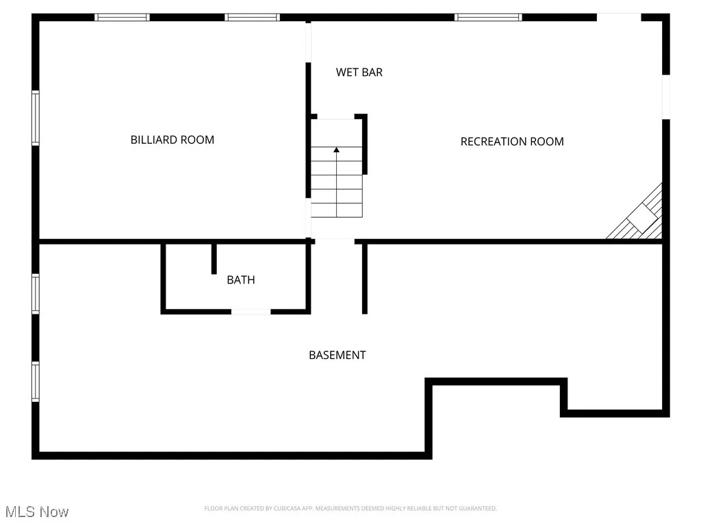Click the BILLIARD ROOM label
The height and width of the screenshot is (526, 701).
[x=173, y=140]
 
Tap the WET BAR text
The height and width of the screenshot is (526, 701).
[x=359, y=72]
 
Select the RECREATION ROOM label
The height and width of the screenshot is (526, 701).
[x=512, y=142]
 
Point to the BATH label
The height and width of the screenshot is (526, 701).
[x=241, y=279]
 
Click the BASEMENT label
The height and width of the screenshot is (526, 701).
[x=337, y=355]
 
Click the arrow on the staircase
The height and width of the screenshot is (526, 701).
[x=336, y=149]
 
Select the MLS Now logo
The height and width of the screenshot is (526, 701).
[x=36, y=512]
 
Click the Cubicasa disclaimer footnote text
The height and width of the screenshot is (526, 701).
[x=350, y=508]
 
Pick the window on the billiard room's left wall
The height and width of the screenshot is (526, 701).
[x=36, y=118]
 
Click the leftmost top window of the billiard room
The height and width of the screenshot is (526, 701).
[x=122, y=17]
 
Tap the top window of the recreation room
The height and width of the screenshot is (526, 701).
[x=488, y=17]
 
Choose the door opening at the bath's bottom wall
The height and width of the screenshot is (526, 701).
[x=251, y=312]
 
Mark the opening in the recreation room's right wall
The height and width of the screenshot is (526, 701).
[x=665, y=97]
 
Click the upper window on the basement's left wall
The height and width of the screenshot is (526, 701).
[x=36, y=294]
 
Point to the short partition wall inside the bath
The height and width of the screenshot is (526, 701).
[x=214, y=258]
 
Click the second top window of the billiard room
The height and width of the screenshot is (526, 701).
[x=253, y=17]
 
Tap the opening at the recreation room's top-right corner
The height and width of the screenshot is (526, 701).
[x=619, y=17]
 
